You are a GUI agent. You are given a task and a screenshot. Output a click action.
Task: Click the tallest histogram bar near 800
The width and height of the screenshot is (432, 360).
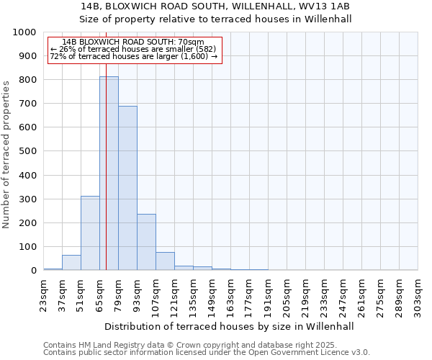[x=109, y=173]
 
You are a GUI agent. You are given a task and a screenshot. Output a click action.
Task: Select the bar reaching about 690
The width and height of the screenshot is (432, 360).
[x=127, y=188]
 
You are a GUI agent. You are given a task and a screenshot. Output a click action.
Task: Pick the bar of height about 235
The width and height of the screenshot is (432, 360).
[x=146, y=242]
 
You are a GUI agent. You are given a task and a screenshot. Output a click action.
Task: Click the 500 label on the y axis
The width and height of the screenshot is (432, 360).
[x=27, y=151]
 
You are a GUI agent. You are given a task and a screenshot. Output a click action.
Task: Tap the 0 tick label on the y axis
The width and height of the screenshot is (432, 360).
[x=33, y=271]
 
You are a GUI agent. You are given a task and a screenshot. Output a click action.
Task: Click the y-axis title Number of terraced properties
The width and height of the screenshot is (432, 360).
[x=6, y=154]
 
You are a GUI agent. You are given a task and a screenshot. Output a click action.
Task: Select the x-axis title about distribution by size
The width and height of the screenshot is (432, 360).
[x=229, y=326]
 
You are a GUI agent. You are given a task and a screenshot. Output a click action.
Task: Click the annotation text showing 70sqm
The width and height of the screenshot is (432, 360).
[x=133, y=42]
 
